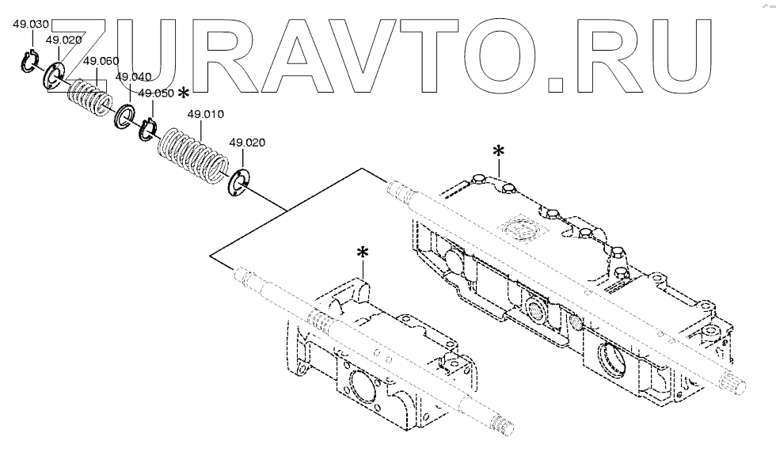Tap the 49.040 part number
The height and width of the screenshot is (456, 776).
point(133,77)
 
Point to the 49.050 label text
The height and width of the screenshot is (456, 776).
point(155,93)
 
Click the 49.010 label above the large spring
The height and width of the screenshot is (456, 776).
point(204,115)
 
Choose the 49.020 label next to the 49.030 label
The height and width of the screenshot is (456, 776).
point(63,40)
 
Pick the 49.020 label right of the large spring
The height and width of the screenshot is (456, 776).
point(247,142)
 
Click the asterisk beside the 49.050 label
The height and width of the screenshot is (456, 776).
point(184,93)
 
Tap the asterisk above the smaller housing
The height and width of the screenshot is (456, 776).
point(363,253)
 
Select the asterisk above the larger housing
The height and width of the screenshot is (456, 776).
point(498,150)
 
